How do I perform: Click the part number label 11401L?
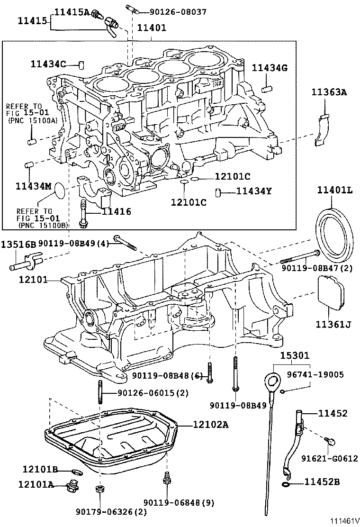(x=335, y=190)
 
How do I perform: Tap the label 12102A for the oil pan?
(x=210, y=425)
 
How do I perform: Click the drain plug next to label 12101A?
(x=73, y=485)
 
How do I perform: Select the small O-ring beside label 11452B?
(x=286, y=483)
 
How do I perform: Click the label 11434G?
(x=270, y=68)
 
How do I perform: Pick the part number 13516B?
(x=18, y=245)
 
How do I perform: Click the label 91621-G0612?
(x=330, y=458)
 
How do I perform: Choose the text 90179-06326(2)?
(x=111, y=512)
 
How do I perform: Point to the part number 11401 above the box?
(x=152, y=28)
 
